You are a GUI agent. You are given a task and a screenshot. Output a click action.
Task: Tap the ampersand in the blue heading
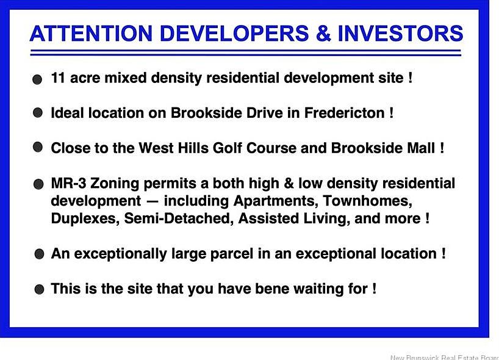(323, 34)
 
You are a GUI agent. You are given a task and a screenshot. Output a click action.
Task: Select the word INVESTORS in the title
(400, 34)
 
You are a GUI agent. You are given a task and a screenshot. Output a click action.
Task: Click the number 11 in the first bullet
(58, 77)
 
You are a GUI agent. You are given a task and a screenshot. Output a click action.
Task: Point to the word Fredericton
(344, 113)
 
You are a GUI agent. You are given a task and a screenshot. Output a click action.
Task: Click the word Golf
(227, 148)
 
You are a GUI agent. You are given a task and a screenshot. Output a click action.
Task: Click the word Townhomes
(368, 201)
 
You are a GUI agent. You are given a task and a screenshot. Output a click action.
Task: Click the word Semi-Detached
(177, 218)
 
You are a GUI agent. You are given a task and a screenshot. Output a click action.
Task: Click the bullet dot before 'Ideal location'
(38, 112)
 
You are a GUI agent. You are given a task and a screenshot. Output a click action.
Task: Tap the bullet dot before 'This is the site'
(39, 289)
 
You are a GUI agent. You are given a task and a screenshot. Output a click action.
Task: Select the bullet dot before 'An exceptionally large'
(39, 254)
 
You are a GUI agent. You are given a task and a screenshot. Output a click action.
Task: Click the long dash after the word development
(152, 202)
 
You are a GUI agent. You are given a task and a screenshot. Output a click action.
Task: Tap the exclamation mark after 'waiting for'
(375, 289)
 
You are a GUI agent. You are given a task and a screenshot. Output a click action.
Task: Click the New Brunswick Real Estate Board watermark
(445, 358)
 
